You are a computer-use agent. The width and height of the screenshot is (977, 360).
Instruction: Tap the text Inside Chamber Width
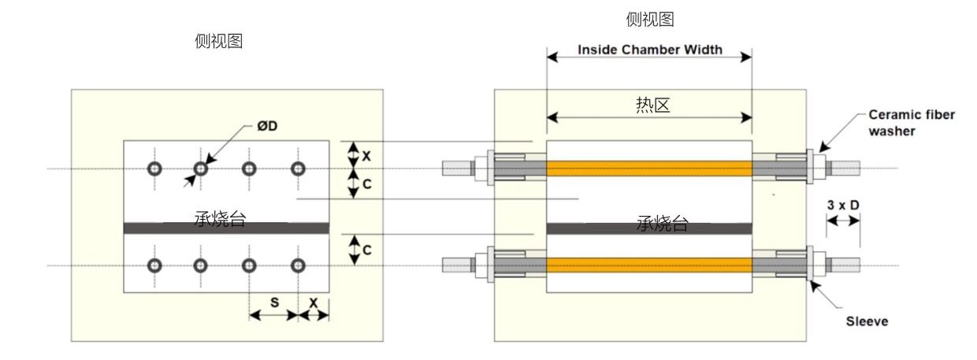coord(649,50)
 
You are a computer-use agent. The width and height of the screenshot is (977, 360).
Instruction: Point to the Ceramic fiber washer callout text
coord(911,123)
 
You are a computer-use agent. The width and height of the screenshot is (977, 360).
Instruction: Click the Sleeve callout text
coord(867,321)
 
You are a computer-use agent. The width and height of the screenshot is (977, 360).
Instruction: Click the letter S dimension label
coord(274,302)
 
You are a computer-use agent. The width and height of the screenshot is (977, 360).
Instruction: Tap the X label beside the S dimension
coord(314,302)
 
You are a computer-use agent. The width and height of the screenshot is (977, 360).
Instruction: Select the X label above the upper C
coord(366,155)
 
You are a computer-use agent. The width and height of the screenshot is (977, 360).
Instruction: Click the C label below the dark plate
coord(366,250)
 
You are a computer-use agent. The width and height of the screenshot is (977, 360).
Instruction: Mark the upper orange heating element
coord(648,169)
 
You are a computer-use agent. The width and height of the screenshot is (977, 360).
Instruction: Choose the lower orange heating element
coord(648,265)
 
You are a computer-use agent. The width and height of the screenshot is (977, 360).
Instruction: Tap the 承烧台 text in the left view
coord(220,220)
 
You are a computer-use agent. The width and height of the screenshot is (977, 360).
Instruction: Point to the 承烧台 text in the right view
coord(663,224)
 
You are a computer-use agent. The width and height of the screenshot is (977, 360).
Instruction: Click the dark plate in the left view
coord(158,228)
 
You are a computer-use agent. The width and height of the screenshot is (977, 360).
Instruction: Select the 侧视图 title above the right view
coord(650,20)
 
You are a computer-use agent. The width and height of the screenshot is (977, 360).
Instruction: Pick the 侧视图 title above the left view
coord(218,42)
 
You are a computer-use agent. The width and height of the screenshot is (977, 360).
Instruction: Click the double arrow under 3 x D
coord(842,221)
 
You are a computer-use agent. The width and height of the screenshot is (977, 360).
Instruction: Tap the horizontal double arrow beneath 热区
coord(648,118)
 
